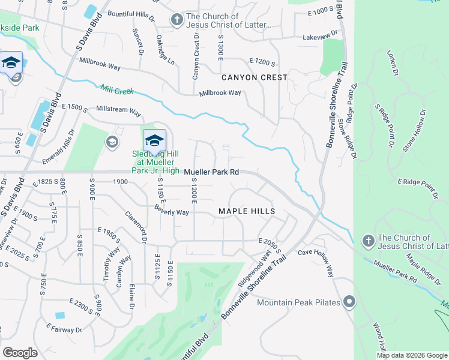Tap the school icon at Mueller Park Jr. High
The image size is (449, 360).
[154, 141]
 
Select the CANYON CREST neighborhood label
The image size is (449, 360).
[254, 77]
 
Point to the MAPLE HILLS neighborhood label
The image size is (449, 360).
[247, 211]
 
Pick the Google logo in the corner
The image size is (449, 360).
[20, 352]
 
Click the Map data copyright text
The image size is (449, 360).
[412, 355]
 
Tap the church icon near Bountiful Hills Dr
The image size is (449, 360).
[176, 20]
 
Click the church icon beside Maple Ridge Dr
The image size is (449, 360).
[368, 241]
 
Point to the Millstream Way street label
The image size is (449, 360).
[119, 112]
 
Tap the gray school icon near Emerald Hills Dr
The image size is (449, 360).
[111, 142]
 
